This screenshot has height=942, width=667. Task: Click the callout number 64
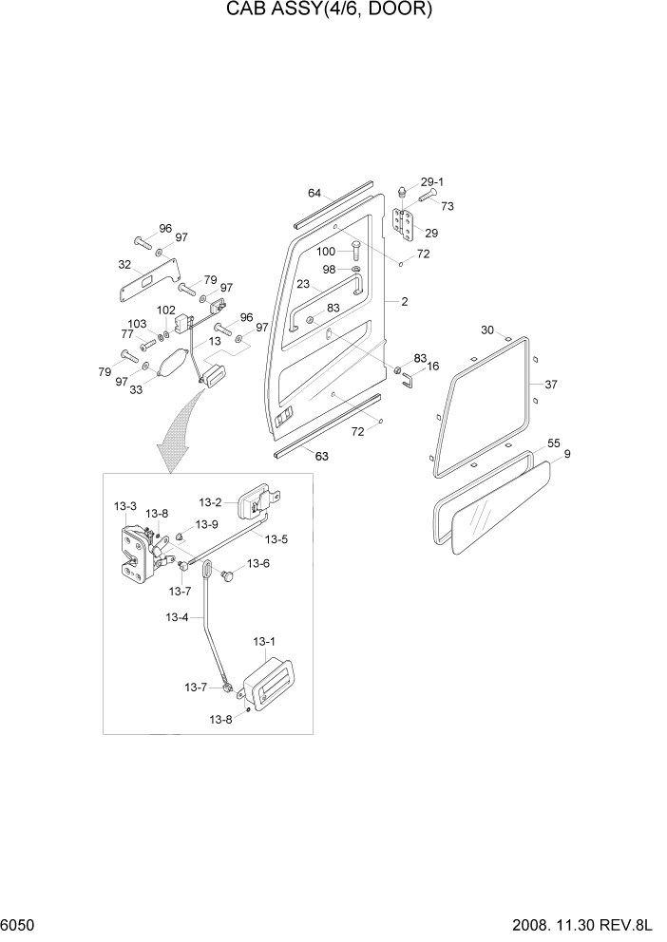pyautogui.click(x=314, y=194)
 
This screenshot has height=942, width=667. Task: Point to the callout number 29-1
pyautogui.click(x=432, y=181)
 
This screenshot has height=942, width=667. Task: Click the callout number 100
pyautogui.click(x=326, y=252)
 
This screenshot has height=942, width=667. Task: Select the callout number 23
pyautogui.click(x=302, y=284)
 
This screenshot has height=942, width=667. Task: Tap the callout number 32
pyautogui.click(x=124, y=265)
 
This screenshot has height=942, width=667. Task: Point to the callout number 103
pyautogui.click(x=137, y=324)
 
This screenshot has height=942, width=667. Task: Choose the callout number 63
pyautogui.click(x=321, y=456)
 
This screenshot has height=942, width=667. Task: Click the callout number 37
pyautogui.click(x=551, y=385)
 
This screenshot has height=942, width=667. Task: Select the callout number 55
pyautogui.click(x=554, y=443)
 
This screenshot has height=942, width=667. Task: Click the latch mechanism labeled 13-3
pyautogui.click(x=135, y=553)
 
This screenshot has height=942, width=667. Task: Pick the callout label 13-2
pyautogui.click(x=210, y=502)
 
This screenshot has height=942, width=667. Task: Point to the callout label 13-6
pyautogui.click(x=258, y=563)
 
